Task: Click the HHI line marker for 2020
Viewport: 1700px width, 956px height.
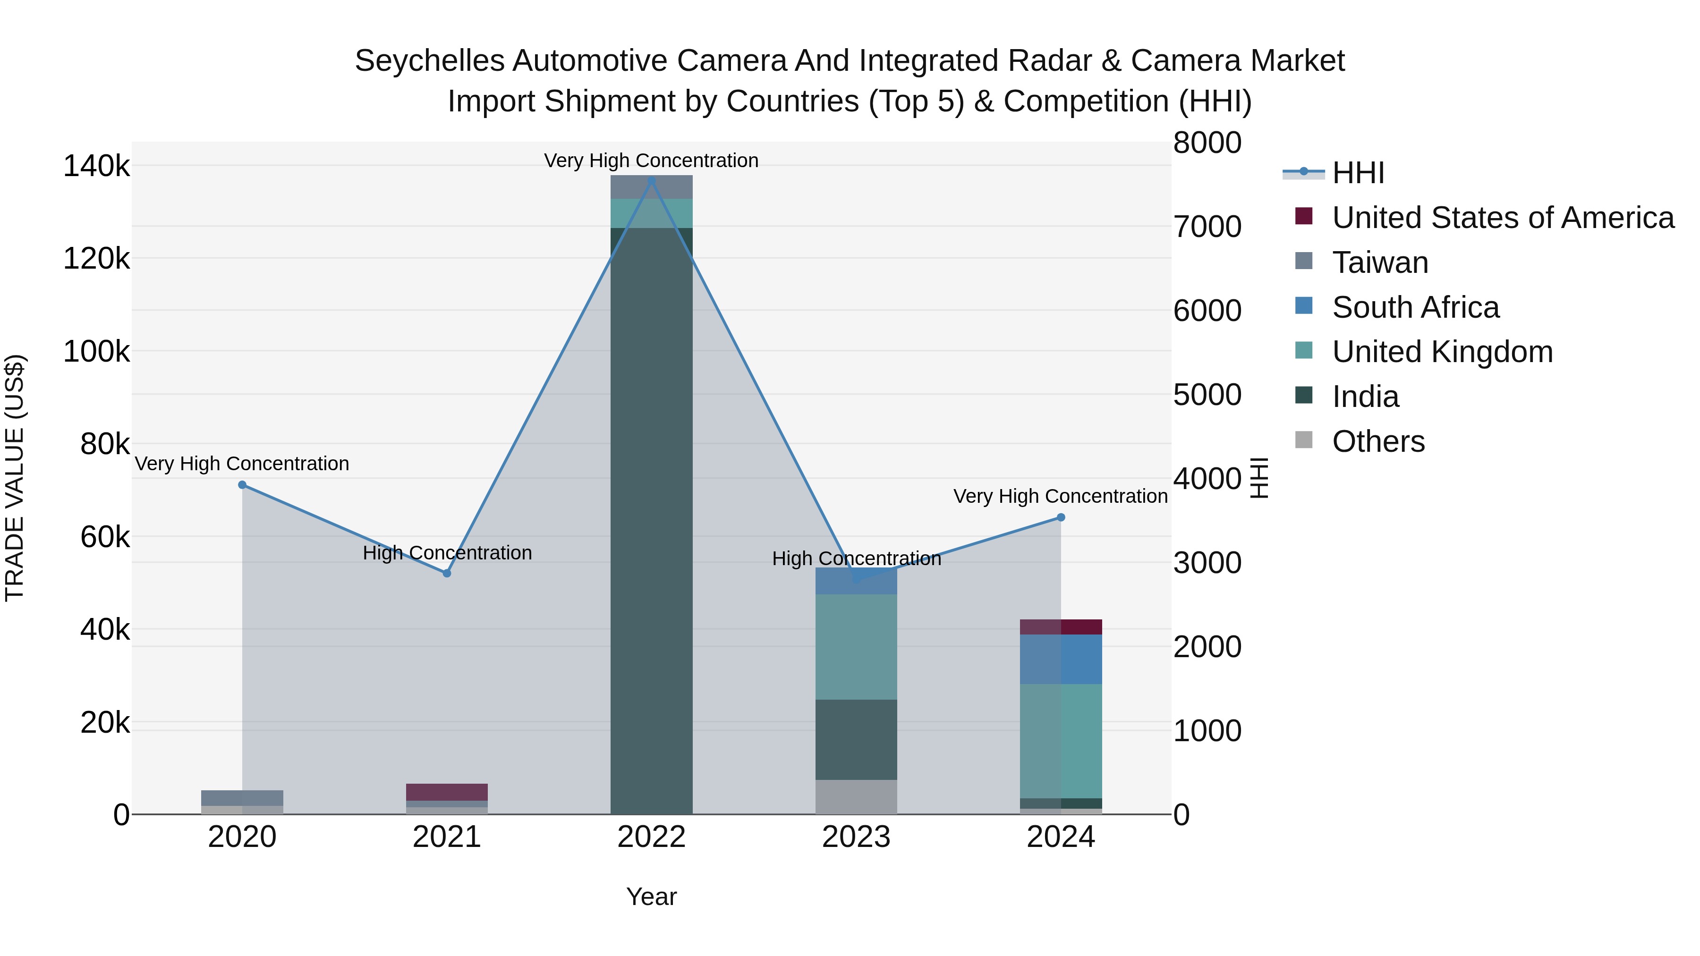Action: click(242, 485)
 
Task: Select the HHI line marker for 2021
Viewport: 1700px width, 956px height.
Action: click(447, 573)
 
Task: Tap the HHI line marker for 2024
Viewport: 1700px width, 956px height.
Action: click(1061, 517)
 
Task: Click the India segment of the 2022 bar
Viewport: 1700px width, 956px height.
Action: click(651, 521)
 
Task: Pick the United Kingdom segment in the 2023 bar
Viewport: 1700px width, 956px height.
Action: click(856, 647)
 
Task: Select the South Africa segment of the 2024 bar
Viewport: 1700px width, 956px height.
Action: click(1061, 659)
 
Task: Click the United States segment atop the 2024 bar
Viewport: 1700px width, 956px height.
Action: click(1061, 627)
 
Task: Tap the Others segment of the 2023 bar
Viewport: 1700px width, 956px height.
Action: click(856, 797)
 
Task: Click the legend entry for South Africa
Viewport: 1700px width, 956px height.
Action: click(1416, 307)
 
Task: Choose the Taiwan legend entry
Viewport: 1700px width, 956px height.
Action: click(1380, 262)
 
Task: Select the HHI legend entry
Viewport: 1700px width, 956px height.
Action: click(1358, 173)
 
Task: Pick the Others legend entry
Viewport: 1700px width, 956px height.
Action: click(1378, 441)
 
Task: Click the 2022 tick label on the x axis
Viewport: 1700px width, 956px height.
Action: click(651, 837)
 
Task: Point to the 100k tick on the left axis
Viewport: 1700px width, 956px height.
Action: click(96, 352)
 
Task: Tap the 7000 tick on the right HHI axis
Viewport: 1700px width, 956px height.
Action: click(1207, 227)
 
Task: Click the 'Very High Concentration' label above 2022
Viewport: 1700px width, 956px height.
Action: click(651, 161)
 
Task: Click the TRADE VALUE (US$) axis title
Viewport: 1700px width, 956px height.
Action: click(15, 478)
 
